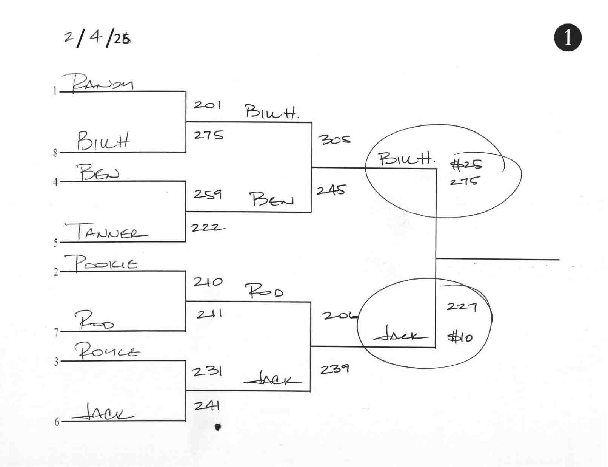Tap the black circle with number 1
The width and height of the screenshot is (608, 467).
568,38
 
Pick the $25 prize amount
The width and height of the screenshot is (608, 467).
466,164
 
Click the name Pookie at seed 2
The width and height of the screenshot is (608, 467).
101,263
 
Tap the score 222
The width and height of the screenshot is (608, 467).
207,227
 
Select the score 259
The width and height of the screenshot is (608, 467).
208,194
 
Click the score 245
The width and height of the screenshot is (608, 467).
331,190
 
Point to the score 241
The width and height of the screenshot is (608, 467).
207,406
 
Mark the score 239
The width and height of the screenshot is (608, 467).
334,369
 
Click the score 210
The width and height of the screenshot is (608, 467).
208,282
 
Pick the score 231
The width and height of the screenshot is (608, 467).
207,371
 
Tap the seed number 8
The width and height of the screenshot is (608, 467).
55,153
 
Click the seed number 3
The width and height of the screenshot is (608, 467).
56,362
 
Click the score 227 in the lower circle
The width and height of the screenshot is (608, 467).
462,306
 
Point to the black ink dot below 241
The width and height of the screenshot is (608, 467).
217,427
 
